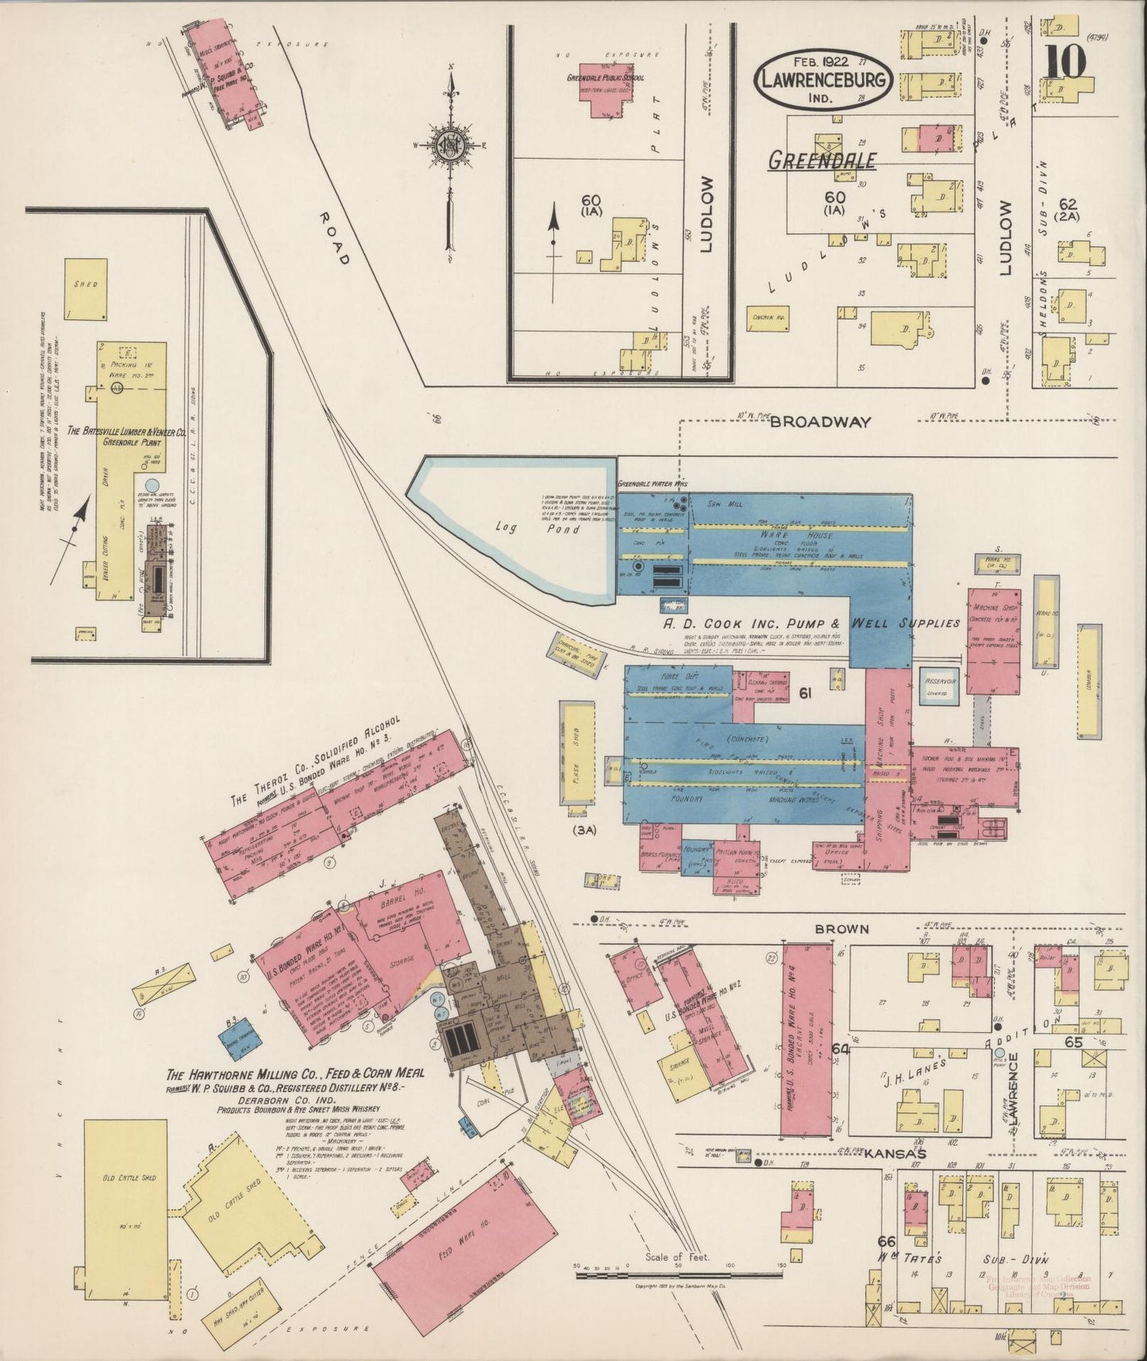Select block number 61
805,694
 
